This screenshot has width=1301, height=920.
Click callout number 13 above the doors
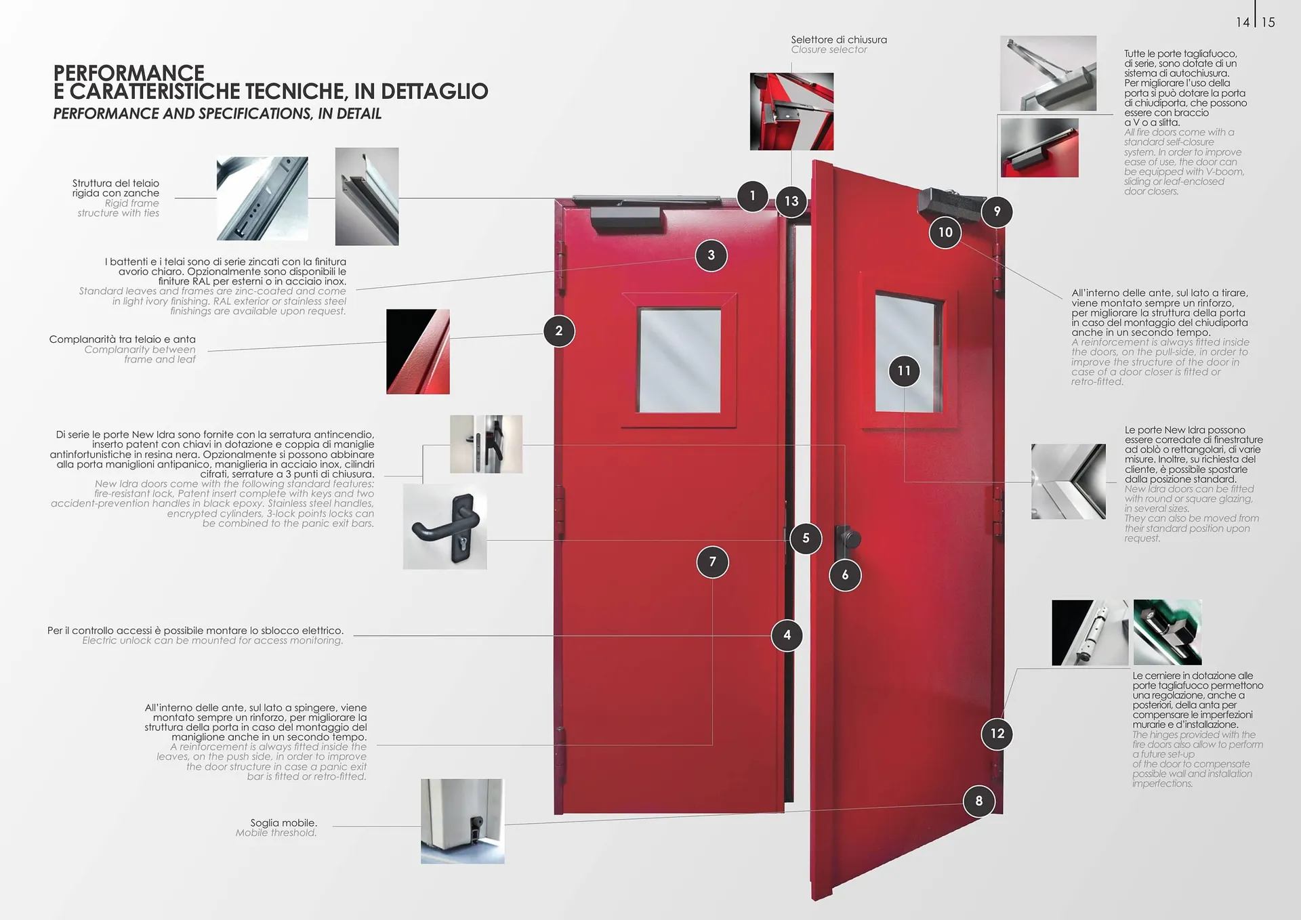791,201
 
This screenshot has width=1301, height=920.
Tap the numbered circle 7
712,562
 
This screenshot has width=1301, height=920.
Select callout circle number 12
997,734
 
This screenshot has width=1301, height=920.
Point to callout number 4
787,635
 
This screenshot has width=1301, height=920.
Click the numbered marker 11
904,371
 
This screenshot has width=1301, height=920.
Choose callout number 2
559,331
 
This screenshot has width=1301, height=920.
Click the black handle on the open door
847,540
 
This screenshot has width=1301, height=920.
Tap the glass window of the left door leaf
680,360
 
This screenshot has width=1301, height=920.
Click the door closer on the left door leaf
625,217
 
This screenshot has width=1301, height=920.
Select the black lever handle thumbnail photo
445,526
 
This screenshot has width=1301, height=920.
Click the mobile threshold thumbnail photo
463,821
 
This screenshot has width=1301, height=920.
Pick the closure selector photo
791,112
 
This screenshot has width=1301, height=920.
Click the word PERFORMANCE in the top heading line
129,72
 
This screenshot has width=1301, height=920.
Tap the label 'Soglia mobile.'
283,823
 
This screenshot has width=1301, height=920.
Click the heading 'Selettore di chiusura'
839,40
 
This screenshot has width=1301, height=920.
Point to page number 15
1268,22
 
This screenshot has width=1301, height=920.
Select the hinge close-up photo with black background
1090,633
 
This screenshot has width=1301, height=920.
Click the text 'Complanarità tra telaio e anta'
122,339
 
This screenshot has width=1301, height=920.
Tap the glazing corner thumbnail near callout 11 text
1069,482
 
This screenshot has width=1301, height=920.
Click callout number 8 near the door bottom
979,801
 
